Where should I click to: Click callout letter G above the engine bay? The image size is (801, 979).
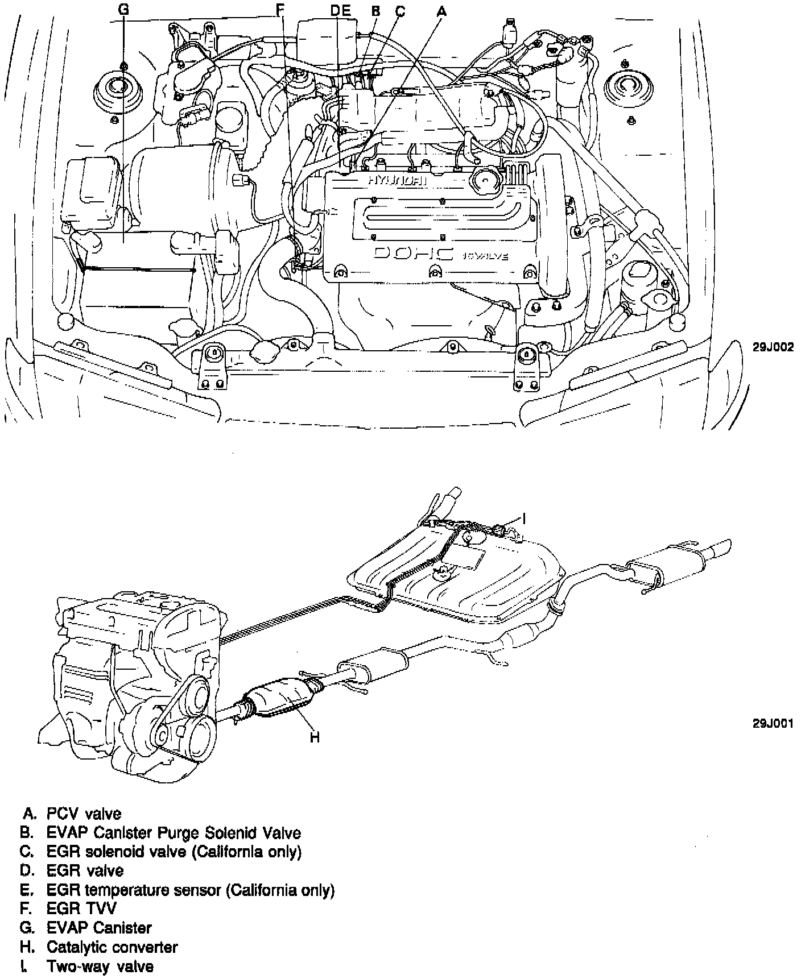coord(124,10)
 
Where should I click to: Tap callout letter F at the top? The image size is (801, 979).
coord(279,10)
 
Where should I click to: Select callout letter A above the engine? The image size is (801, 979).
coord(441,10)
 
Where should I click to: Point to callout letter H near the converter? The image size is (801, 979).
coord(315,738)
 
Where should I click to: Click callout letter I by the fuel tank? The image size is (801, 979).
coord(525,518)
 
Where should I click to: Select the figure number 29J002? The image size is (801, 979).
coord(773,347)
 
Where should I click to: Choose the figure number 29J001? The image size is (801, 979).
coord(773,723)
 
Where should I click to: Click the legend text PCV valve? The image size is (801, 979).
coord(84,814)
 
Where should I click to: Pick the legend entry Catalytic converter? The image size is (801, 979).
coord(112,947)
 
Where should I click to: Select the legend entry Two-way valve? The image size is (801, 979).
coord(100,966)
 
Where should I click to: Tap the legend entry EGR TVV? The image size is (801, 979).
coord(81,909)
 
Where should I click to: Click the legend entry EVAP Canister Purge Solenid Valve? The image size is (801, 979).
coord(174,833)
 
